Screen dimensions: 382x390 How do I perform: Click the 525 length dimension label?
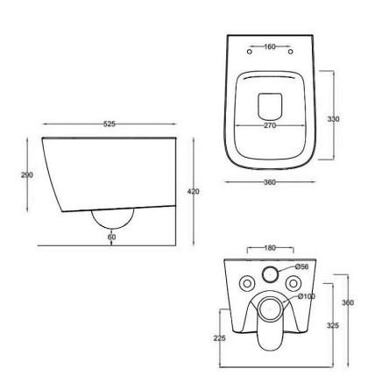coord(110,124)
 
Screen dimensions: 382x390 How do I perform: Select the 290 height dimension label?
coord(27,175)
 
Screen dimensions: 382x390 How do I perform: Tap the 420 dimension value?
coord(194,192)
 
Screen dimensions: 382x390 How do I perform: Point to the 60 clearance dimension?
coord(111,237)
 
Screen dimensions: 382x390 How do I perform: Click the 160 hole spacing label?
coord(270,46)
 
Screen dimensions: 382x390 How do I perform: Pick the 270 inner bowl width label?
coord(270,125)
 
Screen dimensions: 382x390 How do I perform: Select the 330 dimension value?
coord(334,119)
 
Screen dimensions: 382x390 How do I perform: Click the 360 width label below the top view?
coord(270,182)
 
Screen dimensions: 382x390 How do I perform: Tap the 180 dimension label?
coord(270,248)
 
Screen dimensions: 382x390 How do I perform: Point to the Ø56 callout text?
coord(301,266)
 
